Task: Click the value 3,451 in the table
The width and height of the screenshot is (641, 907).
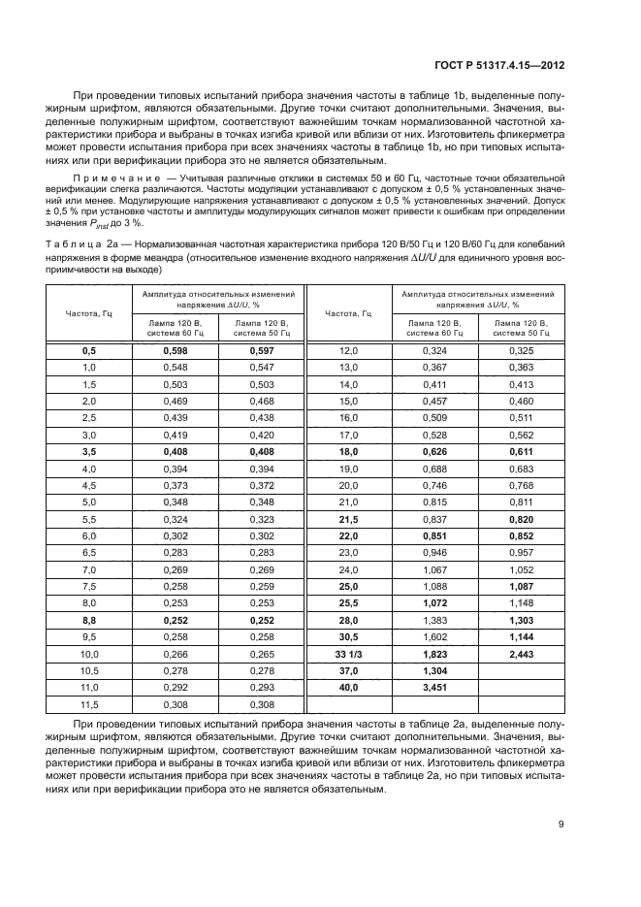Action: [435, 688]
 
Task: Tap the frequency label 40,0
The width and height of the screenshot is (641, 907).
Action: [348, 688]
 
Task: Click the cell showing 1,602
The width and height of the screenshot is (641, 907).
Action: [435, 637]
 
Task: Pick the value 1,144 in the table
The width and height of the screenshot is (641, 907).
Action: [521, 637]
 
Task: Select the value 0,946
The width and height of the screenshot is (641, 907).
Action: [435, 553]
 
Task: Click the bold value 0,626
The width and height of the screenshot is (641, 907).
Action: [435, 451]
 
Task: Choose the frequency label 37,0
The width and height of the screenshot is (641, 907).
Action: [348, 671]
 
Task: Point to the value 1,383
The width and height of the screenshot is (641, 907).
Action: [435, 620]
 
